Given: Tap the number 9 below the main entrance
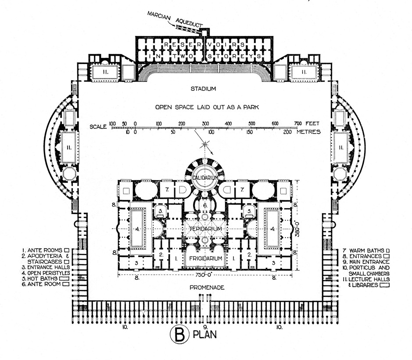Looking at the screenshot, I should click(205, 327).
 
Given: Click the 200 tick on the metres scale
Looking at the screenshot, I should click(287, 132).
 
